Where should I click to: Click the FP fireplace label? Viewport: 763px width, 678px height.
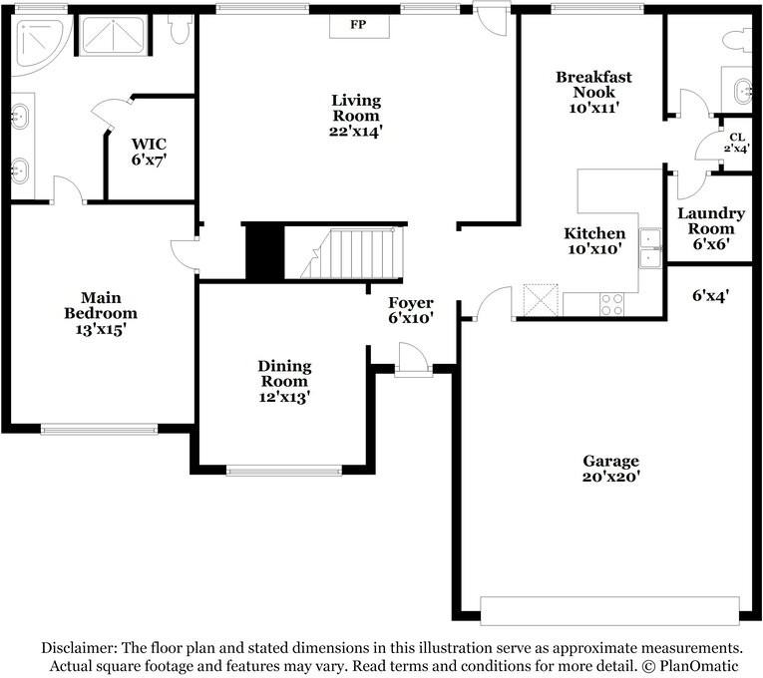(x=356, y=23)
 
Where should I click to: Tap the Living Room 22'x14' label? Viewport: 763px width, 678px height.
(x=357, y=114)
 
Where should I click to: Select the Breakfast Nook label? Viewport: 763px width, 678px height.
(x=593, y=92)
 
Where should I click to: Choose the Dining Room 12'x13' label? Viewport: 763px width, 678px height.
(x=284, y=381)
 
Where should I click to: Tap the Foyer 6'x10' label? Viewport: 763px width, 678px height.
(x=411, y=310)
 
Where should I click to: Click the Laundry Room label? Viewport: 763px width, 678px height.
(x=711, y=228)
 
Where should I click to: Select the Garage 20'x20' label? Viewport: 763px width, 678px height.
(x=611, y=469)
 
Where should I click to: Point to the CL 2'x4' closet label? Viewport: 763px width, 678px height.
(x=736, y=142)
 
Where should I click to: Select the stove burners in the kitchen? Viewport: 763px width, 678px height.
(x=612, y=304)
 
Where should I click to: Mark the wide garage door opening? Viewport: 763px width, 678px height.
(x=609, y=610)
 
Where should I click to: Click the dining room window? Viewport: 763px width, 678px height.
(x=284, y=471)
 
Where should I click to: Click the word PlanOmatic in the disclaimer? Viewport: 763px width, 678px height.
(x=698, y=664)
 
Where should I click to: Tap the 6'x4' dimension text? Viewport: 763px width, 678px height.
(x=709, y=295)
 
